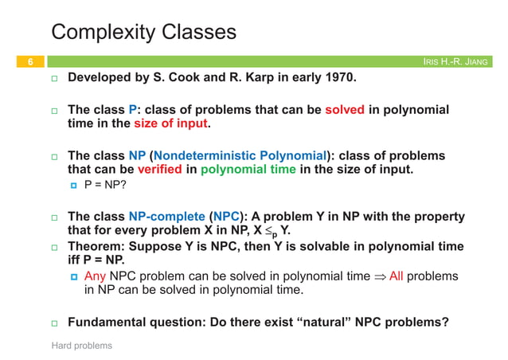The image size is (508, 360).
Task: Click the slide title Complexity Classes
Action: pyautogui.click(x=143, y=32)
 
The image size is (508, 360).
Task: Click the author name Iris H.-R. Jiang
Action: pyautogui.click(x=459, y=62)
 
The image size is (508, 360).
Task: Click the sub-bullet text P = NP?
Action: pyautogui.click(x=108, y=186)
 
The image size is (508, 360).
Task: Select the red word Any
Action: pyautogui.click(x=95, y=276)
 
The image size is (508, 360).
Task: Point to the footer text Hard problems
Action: pyautogui.click(x=81, y=346)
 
